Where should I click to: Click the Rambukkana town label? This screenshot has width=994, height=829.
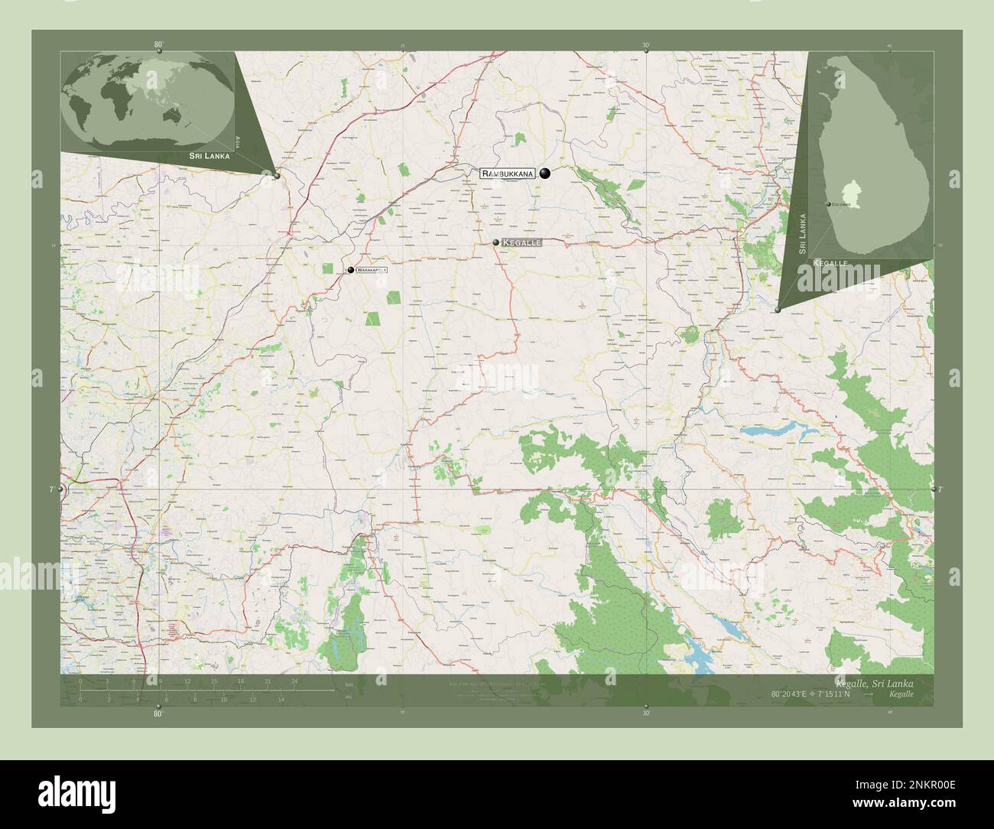pyautogui.click(x=508, y=174)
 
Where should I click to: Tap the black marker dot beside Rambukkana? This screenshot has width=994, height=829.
pyautogui.click(x=544, y=174)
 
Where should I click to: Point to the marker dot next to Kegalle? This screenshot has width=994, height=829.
pyautogui.click(x=496, y=242)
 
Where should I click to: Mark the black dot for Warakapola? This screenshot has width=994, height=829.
pyautogui.click(x=350, y=270)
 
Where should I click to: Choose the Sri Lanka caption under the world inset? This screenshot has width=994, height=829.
pyautogui.click(x=204, y=156)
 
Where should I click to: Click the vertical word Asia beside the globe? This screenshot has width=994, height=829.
pyautogui.click(x=239, y=141)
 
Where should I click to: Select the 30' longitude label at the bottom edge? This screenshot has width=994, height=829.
pyautogui.click(x=646, y=713)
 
